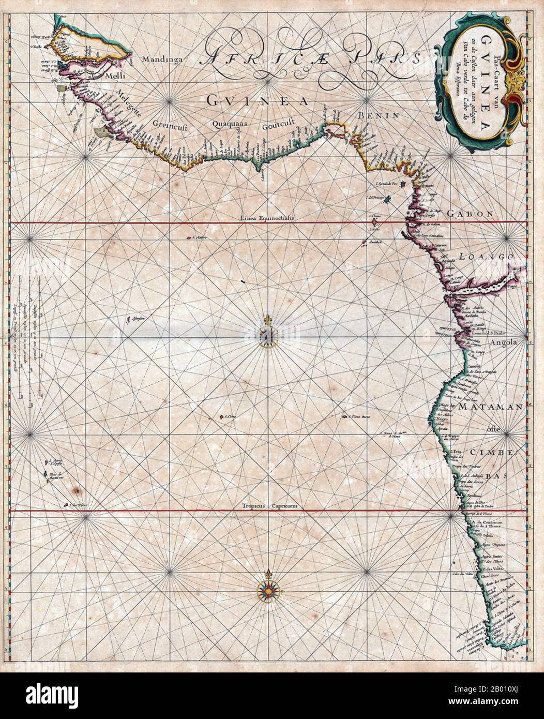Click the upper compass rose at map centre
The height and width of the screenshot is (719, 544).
pos(268,336)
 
